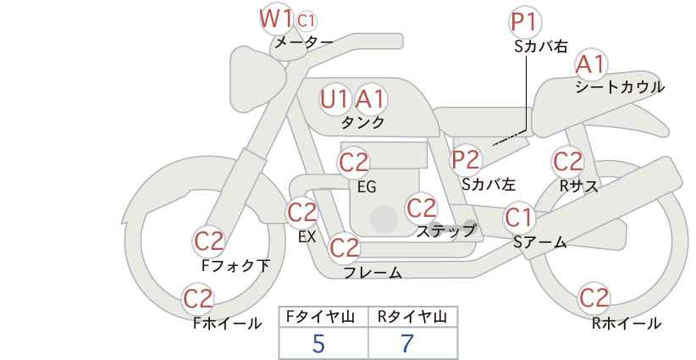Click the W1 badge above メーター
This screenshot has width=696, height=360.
pos(276,18)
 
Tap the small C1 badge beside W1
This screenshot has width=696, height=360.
pos(307,19)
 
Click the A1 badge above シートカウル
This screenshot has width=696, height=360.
pos(591,64)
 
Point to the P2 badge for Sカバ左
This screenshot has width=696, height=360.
pos(466,159)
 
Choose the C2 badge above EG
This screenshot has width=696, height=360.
pos(354,162)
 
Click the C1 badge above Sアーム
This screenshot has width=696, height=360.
pos(519,218)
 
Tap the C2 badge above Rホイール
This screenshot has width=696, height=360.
pos(594,299)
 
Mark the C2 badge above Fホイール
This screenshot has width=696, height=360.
pos(199,299)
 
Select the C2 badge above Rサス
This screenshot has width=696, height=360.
pos(566,161)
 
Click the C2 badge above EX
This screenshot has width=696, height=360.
pos(302,213)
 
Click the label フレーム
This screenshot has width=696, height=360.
pos(373,273)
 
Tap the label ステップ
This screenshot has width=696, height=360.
pos(446,230)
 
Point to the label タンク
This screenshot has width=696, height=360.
pos(362,122)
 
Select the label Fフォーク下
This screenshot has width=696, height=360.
pos(236,266)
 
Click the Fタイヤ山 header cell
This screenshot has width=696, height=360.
pos(323,318)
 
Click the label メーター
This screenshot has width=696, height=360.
pos(303,42)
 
